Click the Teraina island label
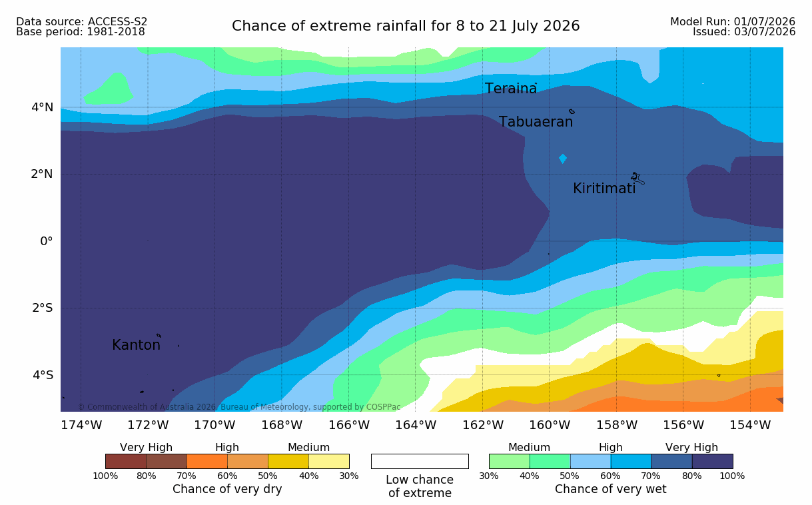pyautogui.click(x=510, y=89)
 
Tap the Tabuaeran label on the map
pyautogui.click(x=536, y=122)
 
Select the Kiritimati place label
pyautogui.click(x=604, y=189)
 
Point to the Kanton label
pyautogui.click(x=137, y=344)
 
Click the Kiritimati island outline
pyautogui.click(x=637, y=179)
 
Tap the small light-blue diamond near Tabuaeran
pyautogui.click(x=563, y=159)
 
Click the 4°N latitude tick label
pyautogui.click(x=42, y=107)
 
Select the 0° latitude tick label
pyautogui.click(x=46, y=241)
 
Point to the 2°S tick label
pyautogui.click(x=43, y=308)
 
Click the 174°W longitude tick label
pyautogui.click(x=81, y=425)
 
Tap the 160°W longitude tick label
pyautogui.click(x=549, y=425)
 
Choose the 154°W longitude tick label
pyautogui.click(x=750, y=425)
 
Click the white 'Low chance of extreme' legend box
pyautogui.click(x=420, y=461)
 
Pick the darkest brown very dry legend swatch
pyautogui.click(x=126, y=461)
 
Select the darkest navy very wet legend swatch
pyautogui.click(x=712, y=461)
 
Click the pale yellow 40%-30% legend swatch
pyautogui.click(x=329, y=461)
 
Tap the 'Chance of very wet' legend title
pyautogui.click(x=610, y=489)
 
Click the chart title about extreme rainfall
pyautogui.click(x=406, y=26)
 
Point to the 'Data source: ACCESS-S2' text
pyautogui.click(x=81, y=22)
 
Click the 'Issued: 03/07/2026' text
pyautogui.click(x=744, y=32)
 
